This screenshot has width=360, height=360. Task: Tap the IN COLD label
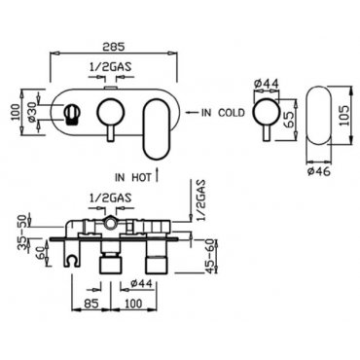223,113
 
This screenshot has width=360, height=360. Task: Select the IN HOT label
133,177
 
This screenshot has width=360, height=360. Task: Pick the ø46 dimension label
319,171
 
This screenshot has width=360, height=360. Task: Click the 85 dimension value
91,304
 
